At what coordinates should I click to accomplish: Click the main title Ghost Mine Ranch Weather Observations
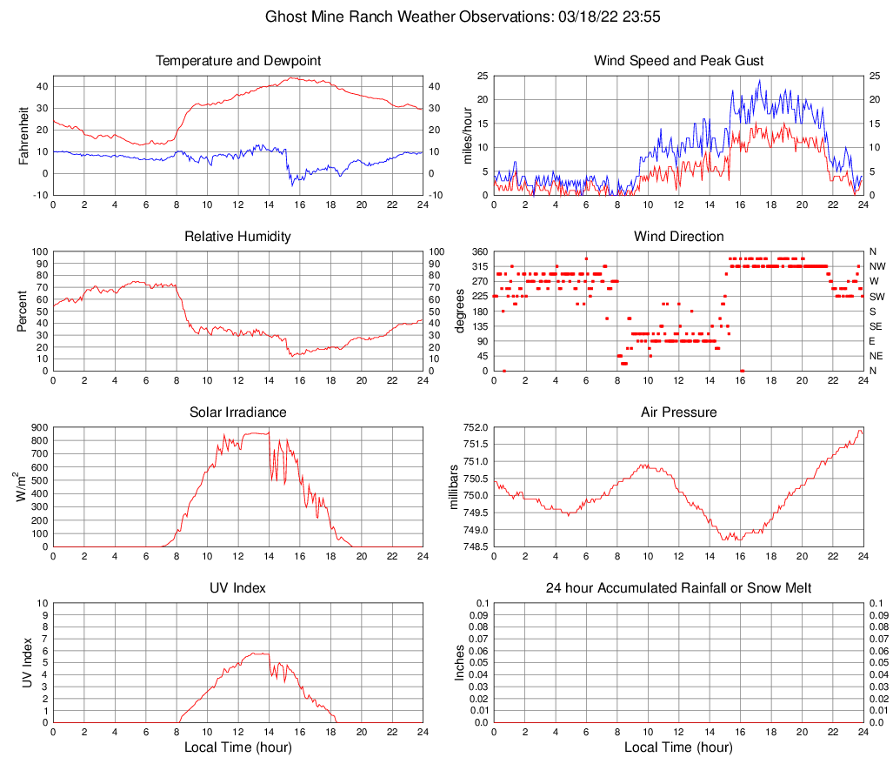point(446,17)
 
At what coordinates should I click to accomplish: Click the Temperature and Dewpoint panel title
point(237,61)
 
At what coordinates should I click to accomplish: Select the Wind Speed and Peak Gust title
point(678,61)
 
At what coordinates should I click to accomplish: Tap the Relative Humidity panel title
point(237,237)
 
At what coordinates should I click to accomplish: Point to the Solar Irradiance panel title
point(237,412)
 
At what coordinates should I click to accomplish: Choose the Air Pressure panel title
point(678,412)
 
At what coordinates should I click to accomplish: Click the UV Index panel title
point(237,588)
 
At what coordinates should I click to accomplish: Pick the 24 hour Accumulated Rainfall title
point(678,588)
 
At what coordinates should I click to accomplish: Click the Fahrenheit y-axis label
point(23,135)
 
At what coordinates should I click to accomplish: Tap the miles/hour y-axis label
point(467,135)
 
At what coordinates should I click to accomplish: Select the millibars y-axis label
point(451,486)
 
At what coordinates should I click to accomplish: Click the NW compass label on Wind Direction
point(876,266)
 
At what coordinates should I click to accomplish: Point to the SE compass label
point(876,326)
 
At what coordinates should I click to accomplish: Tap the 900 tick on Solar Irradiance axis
point(39,427)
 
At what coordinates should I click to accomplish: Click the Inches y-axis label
point(460,662)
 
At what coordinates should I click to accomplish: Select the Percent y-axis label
point(23,311)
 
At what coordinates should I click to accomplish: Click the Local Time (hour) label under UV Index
point(237,747)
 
